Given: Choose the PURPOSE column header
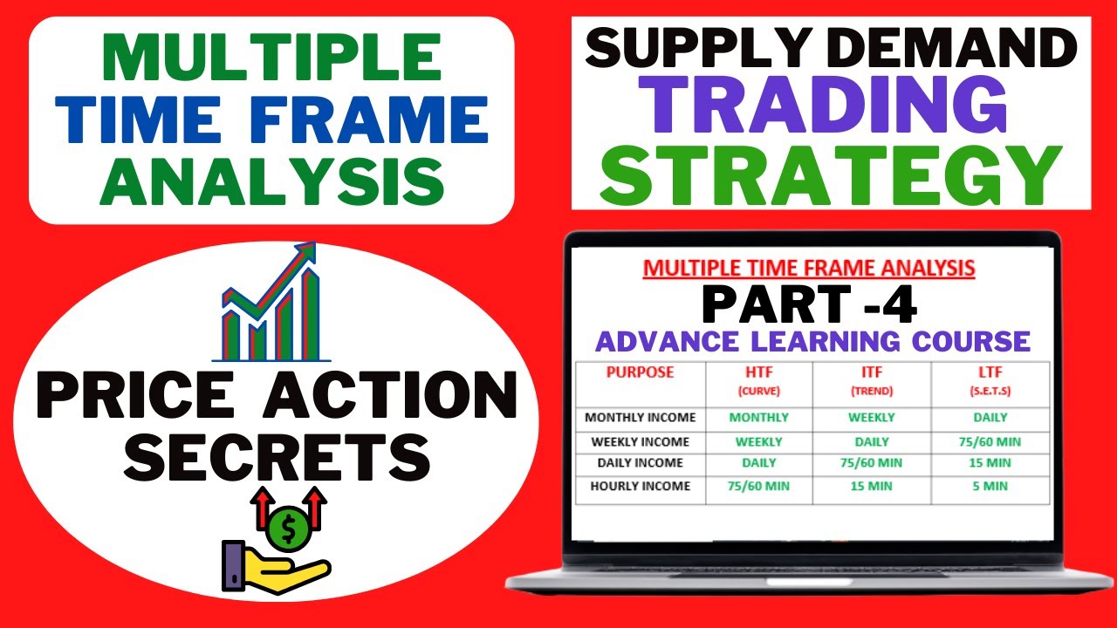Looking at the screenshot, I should tap(640, 372).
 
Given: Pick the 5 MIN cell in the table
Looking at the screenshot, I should tap(989, 486).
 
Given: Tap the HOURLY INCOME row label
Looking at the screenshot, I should tap(641, 486).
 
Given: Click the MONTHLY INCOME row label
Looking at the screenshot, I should tap(641, 418).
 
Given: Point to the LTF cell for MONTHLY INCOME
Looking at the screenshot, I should tap(989, 418).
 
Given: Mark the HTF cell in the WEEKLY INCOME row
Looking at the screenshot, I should tap(757, 441).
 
